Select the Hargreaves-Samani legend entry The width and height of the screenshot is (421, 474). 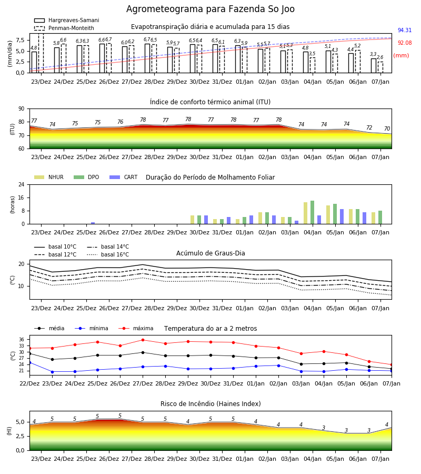click(x=67, y=20)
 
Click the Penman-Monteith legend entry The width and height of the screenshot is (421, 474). click(x=64, y=28)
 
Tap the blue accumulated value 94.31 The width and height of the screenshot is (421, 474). click(x=405, y=30)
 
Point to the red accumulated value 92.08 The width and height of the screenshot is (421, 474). click(x=405, y=43)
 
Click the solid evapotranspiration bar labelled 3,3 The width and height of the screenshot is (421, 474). click(x=374, y=66)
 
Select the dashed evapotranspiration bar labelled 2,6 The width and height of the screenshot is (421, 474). click(x=380, y=67)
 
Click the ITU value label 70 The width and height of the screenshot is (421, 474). click(x=387, y=129)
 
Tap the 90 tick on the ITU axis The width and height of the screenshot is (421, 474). click(x=22, y=109)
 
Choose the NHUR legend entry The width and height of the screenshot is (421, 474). click(x=49, y=177)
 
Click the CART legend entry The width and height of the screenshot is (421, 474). click(x=124, y=177)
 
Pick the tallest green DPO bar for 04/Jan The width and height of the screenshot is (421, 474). click(x=312, y=212)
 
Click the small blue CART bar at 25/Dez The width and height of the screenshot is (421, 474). click(x=93, y=223)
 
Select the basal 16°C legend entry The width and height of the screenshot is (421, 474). click(x=108, y=254)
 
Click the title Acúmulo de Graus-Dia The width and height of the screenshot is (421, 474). click(x=210, y=253)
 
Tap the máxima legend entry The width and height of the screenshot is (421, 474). click(x=136, y=328)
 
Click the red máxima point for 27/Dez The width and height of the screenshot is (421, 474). click(x=143, y=340)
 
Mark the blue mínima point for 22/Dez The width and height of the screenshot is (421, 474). click(x=29, y=362)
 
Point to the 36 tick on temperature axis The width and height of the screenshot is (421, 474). click(x=22, y=340)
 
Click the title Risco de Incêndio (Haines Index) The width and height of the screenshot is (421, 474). click(x=210, y=404)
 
